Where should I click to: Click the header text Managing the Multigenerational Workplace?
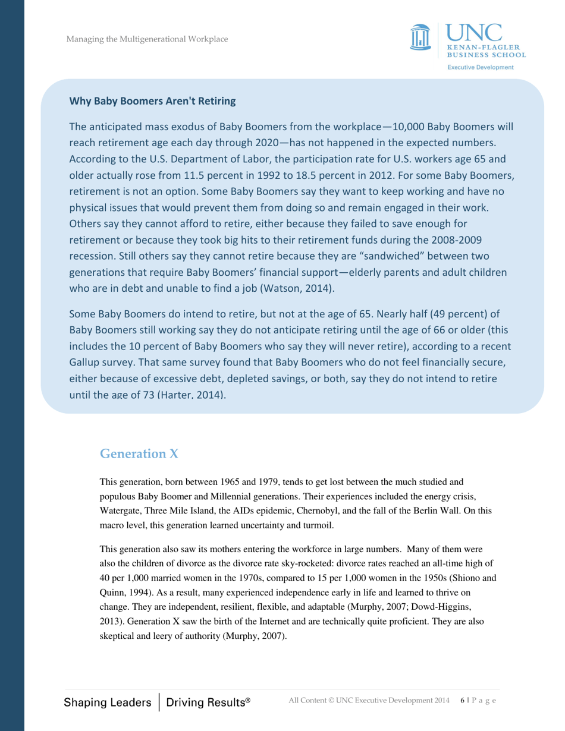click(147, 40)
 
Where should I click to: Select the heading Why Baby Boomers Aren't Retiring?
click(153, 101)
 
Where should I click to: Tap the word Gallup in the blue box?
click(86, 361)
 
